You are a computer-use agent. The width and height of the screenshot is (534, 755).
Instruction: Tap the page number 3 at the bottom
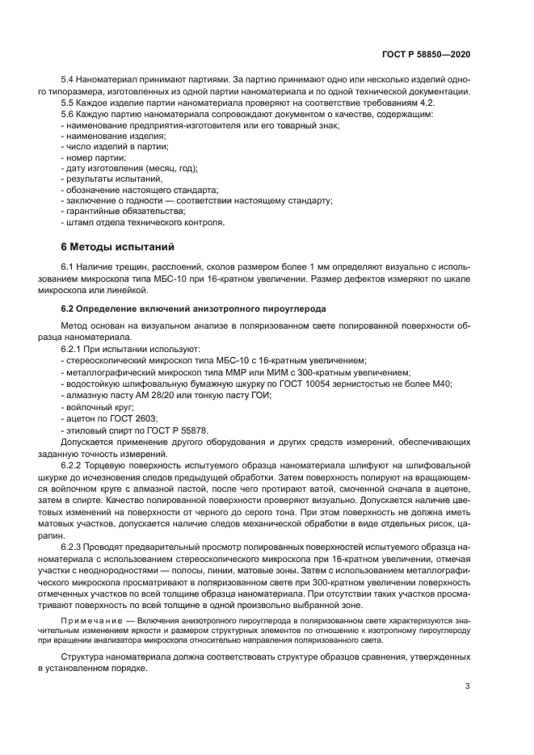(468, 687)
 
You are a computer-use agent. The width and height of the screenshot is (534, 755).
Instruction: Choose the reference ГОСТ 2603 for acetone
(131, 419)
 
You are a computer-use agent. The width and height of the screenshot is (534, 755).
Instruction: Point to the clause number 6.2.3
(74, 547)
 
